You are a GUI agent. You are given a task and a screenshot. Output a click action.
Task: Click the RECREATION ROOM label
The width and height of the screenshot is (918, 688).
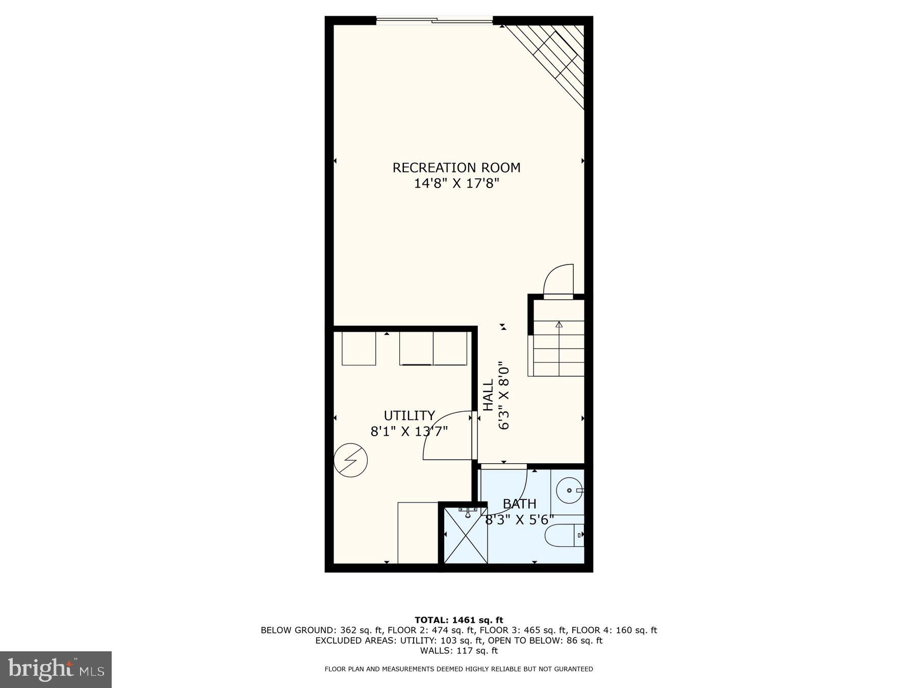pos(456,168)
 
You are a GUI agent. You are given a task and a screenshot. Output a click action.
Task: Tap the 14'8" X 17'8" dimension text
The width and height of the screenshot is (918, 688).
pos(456,183)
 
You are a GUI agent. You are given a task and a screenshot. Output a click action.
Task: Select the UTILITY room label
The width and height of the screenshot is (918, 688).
pos(409,416)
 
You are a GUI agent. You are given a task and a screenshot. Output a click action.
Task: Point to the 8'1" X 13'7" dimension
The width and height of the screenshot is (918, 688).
pos(409,432)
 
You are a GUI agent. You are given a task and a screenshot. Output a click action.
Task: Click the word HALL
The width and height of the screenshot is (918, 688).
pos(489,394)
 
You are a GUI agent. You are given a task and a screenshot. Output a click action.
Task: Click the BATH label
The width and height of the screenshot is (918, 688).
pos(519,504)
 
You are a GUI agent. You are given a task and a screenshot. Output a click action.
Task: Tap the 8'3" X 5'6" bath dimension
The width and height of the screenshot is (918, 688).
pos(519,520)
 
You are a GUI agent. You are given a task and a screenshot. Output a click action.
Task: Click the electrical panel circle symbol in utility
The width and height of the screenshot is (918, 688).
pos(351,460)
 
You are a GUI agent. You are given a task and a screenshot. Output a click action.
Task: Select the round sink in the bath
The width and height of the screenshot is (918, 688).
pos(569,490)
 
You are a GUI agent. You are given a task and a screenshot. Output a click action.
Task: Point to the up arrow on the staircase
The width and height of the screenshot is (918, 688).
pos(559,325)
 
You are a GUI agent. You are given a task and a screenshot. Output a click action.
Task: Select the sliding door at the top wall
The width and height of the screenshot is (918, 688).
pos(435,21)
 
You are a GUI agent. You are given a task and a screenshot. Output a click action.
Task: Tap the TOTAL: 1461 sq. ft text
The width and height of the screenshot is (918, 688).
pos(458,620)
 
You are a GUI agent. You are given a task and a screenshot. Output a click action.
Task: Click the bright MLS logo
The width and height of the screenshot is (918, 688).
pos(56,669)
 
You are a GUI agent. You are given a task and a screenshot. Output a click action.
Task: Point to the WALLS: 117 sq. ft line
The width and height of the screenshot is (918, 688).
pos(458,651)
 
